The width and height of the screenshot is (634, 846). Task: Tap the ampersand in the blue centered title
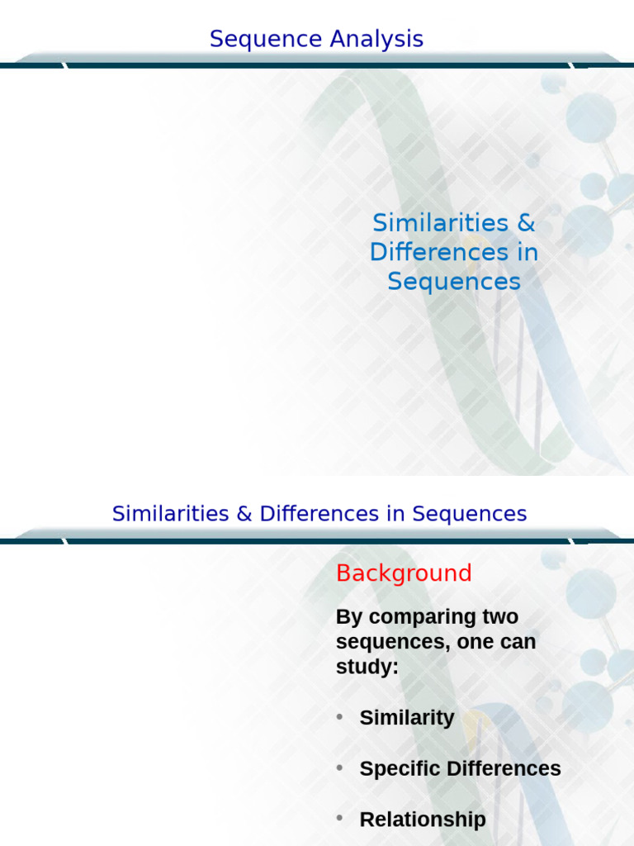[x=527, y=223]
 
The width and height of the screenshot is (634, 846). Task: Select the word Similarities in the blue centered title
[x=440, y=223]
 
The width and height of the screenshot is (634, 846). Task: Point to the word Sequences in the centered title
[x=454, y=282]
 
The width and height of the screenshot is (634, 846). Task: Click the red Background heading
[x=404, y=573]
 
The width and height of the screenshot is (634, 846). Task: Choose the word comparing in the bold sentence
[x=411, y=617]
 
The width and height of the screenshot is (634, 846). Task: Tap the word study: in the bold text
[x=367, y=667]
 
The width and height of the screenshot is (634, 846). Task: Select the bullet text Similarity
[x=407, y=718]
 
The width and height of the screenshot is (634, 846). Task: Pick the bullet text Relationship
[x=423, y=820]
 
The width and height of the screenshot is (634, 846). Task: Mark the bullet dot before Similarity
[x=339, y=718]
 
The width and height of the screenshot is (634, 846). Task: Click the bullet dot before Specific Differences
[x=339, y=768]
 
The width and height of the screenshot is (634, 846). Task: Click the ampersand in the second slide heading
[x=244, y=514]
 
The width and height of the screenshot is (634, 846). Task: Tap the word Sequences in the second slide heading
[x=470, y=514]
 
